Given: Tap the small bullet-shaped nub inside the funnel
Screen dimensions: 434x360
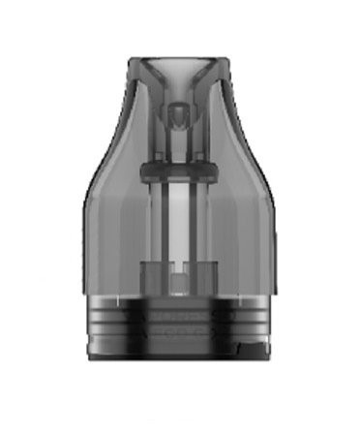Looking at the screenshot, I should pyautogui.click(x=180, y=117).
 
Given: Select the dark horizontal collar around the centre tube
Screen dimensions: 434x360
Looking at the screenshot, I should pyautogui.click(x=180, y=171).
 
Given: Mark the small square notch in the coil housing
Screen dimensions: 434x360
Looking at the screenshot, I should pyautogui.click(x=180, y=284).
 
